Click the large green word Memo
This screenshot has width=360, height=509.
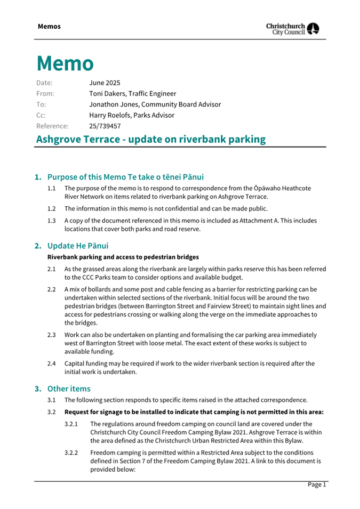click(x=65, y=63)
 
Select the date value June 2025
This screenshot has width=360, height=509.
click(x=105, y=83)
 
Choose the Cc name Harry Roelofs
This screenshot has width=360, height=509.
click(x=109, y=115)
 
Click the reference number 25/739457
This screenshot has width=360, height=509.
click(x=105, y=126)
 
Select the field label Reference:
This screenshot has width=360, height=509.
click(x=52, y=126)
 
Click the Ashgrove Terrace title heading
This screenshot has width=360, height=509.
click(x=151, y=140)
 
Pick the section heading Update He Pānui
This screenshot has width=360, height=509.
click(x=78, y=246)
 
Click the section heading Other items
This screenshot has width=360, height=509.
click(x=69, y=389)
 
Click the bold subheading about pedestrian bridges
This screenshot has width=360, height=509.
click(x=123, y=257)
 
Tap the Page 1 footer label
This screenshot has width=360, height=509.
click(x=316, y=485)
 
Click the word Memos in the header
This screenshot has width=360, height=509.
click(x=49, y=26)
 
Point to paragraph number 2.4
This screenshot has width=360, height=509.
click(x=52, y=363)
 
